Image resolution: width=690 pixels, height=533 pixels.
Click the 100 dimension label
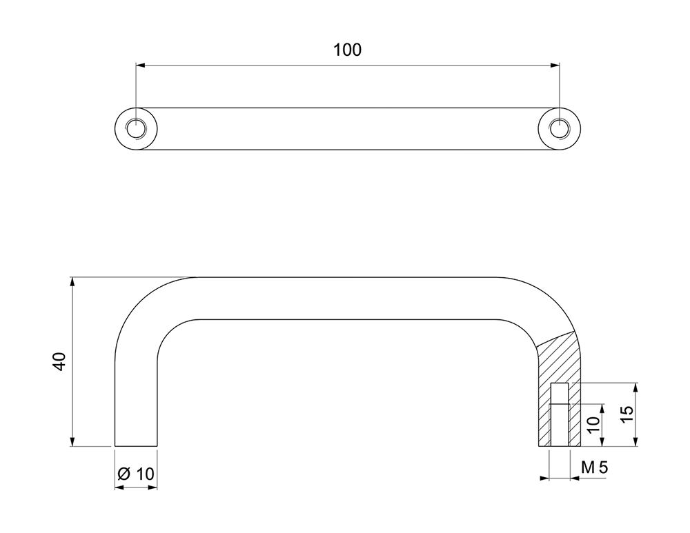pos(347,50)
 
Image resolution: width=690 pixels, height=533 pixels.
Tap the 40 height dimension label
pos(59,361)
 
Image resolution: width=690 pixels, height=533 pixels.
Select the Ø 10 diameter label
pos(137,474)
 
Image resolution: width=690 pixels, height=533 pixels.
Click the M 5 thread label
pos(594,467)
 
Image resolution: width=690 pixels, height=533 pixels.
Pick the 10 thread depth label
pos(593,425)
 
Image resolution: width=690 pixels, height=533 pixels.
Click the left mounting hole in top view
pos(136,129)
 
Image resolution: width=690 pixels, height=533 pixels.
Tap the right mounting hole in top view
pos(560,129)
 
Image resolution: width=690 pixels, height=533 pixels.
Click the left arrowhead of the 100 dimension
pos(141,66)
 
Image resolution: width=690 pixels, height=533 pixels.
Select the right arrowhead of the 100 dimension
pos(555,66)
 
